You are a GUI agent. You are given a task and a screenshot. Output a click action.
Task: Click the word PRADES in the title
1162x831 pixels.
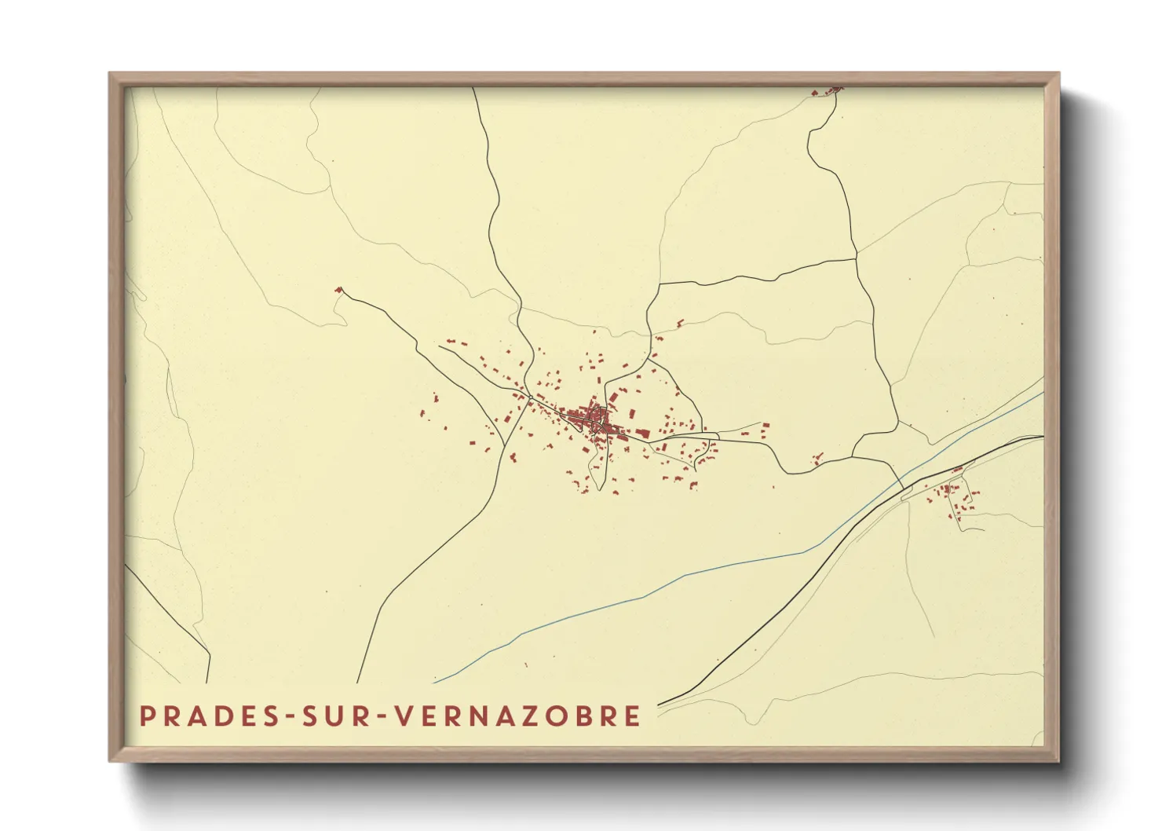(x=207, y=716)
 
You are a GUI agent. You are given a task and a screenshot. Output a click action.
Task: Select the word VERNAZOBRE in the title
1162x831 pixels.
(x=517, y=716)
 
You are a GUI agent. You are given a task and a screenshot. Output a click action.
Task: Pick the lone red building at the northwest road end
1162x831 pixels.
(x=338, y=291)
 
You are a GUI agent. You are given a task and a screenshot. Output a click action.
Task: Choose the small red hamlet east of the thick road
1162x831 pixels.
(x=952, y=495)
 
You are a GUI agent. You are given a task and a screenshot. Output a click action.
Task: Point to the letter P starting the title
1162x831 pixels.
(x=147, y=716)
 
